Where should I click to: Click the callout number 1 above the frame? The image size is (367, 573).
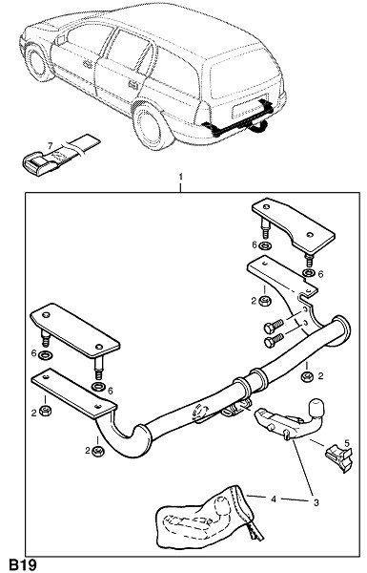[x=180, y=178]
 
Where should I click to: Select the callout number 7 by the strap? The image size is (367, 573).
[x=51, y=146]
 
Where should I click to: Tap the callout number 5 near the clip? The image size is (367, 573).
[x=347, y=443]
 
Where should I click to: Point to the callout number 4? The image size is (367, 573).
[x=274, y=499]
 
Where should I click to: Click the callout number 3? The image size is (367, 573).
[x=316, y=503]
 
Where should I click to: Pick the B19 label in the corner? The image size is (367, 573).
[x=23, y=565]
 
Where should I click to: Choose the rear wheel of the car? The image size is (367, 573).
[x=149, y=126]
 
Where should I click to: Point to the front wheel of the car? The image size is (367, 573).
[x=37, y=62]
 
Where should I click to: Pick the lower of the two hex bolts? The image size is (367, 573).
[x=274, y=340]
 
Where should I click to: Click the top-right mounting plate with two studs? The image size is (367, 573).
[x=293, y=226]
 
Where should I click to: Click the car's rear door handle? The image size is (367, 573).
[x=133, y=85]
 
